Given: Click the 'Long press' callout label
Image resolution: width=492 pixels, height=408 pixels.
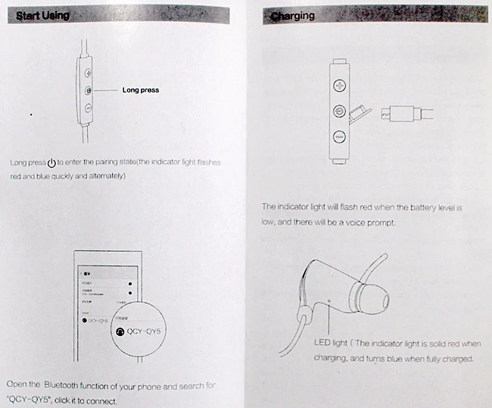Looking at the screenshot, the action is click(140, 90).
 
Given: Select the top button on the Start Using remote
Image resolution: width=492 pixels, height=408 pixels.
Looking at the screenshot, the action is click(89, 74).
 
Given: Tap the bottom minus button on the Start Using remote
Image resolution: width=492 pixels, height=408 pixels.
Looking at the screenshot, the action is click(89, 108).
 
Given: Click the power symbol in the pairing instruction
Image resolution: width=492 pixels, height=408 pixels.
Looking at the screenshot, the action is click(51, 163).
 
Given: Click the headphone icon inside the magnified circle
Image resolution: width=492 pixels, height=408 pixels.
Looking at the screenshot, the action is click(118, 331).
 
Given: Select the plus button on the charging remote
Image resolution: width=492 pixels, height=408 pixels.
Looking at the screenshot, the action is click(340, 85).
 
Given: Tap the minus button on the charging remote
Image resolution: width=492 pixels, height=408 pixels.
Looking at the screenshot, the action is click(340, 137).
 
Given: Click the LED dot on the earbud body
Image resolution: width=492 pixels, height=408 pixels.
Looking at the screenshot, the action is click(330, 300).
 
